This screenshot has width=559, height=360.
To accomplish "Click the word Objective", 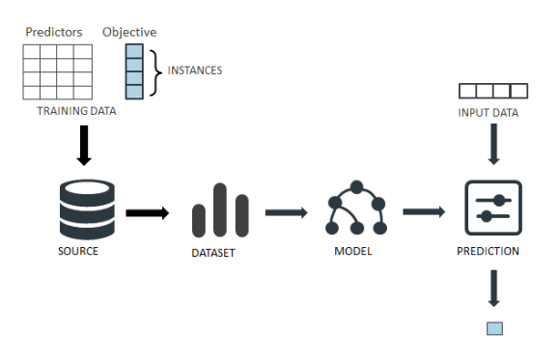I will point(130,32).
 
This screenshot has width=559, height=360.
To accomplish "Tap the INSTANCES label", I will point(195,70).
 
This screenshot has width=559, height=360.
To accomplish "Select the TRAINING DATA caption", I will point(76,111).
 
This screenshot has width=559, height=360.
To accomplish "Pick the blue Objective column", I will point(133,70).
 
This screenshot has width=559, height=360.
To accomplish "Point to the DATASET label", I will point(213,255).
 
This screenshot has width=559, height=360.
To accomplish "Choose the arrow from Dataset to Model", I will point(287,211).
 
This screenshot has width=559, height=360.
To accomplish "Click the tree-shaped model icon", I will point(356,208).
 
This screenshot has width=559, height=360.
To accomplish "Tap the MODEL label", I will point(352,252).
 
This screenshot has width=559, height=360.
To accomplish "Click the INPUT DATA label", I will point(489,113).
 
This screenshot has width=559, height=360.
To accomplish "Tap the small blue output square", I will point(494,328).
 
